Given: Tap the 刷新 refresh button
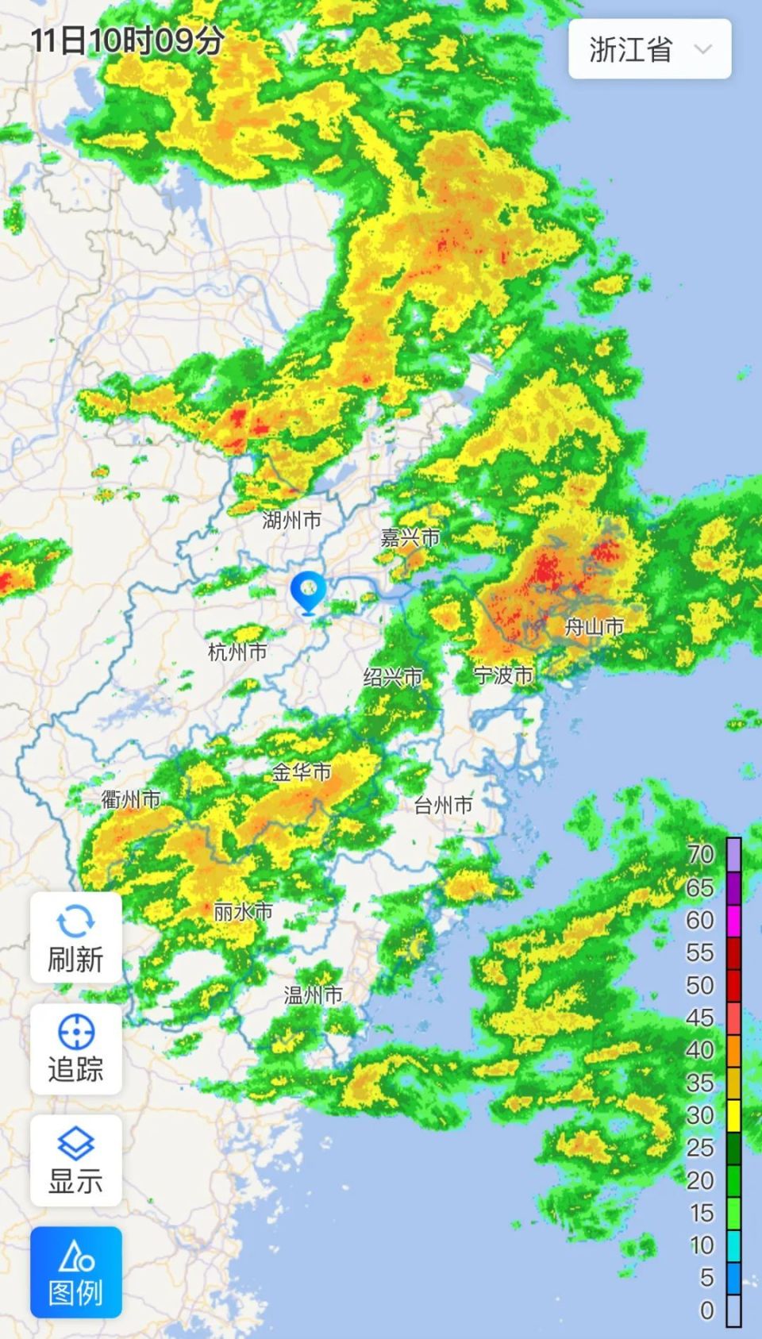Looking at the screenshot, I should pyautogui.click(x=76, y=937).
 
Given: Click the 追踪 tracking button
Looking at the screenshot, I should pyautogui.click(x=76, y=1048).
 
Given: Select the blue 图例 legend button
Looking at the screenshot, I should pyautogui.click(x=76, y=1272).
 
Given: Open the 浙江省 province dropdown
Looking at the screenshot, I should pyautogui.click(x=649, y=49).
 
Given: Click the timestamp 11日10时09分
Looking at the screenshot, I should pyautogui.click(x=127, y=40).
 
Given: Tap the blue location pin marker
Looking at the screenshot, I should pyautogui.click(x=308, y=591).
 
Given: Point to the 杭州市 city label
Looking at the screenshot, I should pyautogui.click(x=237, y=652).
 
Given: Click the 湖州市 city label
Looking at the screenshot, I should pyautogui.click(x=291, y=521).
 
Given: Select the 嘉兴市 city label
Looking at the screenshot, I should pyautogui.click(x=410, y=538).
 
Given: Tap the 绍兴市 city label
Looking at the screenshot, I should pyautogui.click(x=393, y=677).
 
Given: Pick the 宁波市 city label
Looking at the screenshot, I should pyautogui.click(x=503, y=675).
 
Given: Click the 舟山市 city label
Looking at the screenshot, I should pyautogui.click(x=594, y=627).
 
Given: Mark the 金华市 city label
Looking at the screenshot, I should pyautogui.click(x=302, y=771).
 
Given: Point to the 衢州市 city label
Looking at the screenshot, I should pyautogui.click(x=131, y=799).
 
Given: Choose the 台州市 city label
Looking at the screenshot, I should pyautogui.click(x=444, y=806).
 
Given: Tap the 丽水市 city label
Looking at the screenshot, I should pyautogui.click(x=243, y=912).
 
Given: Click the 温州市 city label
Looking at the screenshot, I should pyautogui.click(x=314, y=995).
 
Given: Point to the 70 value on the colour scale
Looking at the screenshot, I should pyautogui.click(x=700, y=854).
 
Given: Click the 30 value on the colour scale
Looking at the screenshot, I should pyautogui.click(x=700, y=1115).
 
